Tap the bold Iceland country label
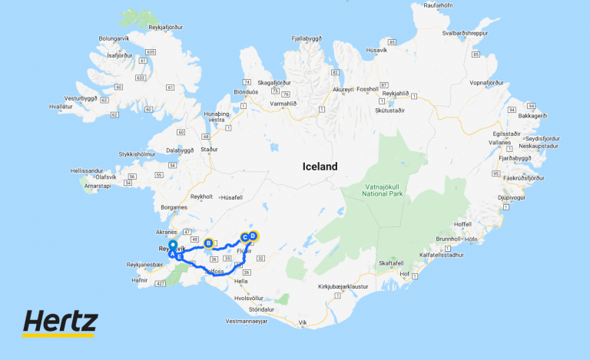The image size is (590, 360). tap(320, 167)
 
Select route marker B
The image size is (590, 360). tap(208, 243)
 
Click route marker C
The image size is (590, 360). tap(245, 236)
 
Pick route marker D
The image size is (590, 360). tap(254, 236)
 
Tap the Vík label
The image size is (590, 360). tap(302, 323)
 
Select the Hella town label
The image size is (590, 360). tap(242, 281)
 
